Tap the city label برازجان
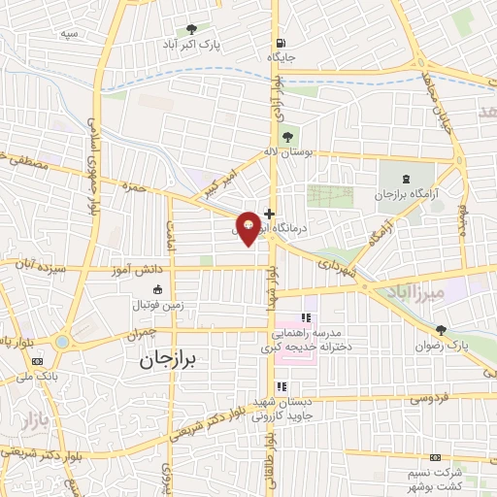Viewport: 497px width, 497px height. pyautogui.click(x=162, y=360)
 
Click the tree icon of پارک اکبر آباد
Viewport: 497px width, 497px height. pyautogui.click(x=190, y=29)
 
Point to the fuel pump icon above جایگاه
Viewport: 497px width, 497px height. pyautogui.click(x=282, y=43)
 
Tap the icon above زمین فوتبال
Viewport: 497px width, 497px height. pyautogui.click(x=157, y=288)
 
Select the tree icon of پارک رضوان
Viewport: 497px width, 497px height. pyautogui.click(x=442, y=330)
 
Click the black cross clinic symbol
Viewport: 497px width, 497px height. pyautogui.click(x=269, y=213)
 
